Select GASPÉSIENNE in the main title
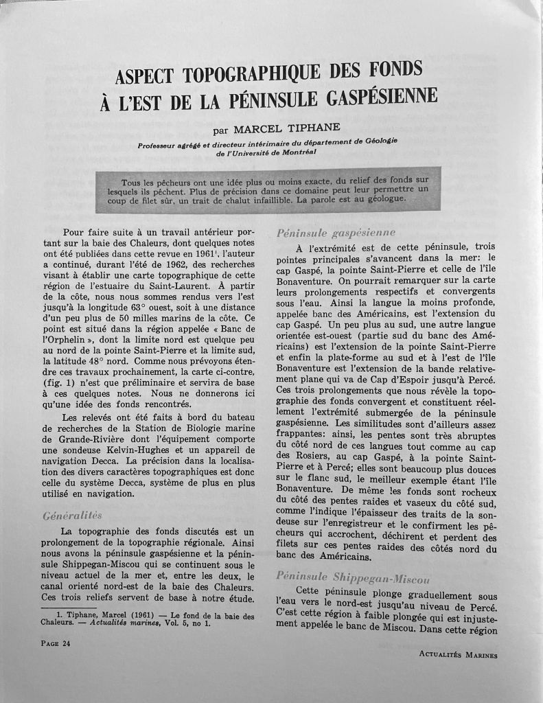378,97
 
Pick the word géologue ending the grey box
382,198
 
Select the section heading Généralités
72,514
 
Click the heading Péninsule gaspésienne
336,233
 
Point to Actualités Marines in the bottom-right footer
458,654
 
